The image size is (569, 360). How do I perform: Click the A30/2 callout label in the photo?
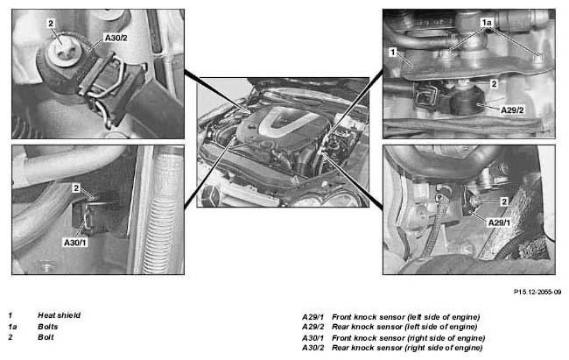tap(116, 38)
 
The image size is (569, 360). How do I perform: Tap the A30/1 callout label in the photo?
tap(75, 243)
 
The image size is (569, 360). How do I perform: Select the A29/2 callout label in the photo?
tap(512, 109)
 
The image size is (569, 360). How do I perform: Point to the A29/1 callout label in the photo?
tap(499, 222)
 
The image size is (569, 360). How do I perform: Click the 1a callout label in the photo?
tap(486, 23)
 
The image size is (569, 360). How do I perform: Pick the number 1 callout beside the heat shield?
tap(392, 53)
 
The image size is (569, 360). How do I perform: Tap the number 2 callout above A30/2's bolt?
tap(51, 24)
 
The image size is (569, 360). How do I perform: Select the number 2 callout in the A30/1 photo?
tap(76, 188)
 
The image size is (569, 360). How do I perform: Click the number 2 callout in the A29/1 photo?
tap(504, 201)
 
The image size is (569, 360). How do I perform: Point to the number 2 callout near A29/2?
tap(494, 84)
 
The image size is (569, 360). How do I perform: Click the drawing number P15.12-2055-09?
tap(537, 292)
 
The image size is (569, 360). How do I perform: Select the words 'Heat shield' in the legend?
tap(60, 315)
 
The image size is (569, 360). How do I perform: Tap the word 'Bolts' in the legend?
tap(48, 327)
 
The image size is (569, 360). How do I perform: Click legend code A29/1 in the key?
tap(313, 317)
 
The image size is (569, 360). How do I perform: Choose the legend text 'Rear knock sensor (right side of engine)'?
tap(407, 348)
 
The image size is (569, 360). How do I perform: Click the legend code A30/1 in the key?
tap(313, 338)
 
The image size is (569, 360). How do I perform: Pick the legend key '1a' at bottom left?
tap(13, 327)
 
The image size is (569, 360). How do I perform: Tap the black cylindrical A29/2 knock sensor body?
tap(466, 102)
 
